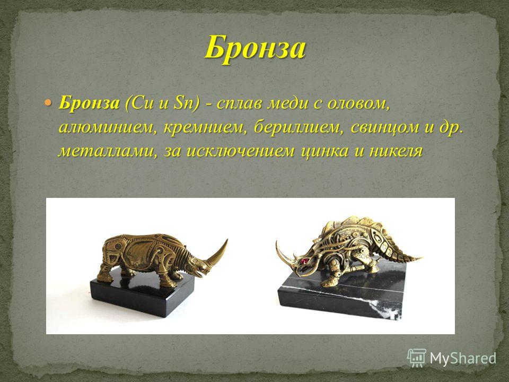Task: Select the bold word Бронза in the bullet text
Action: [x=89, y=103]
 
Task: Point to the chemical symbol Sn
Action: [x=183, y=103]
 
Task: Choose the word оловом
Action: [x=358, y=104]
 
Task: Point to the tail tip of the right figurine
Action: [x=420, y=258]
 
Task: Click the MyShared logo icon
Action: [x=417, y=358]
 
